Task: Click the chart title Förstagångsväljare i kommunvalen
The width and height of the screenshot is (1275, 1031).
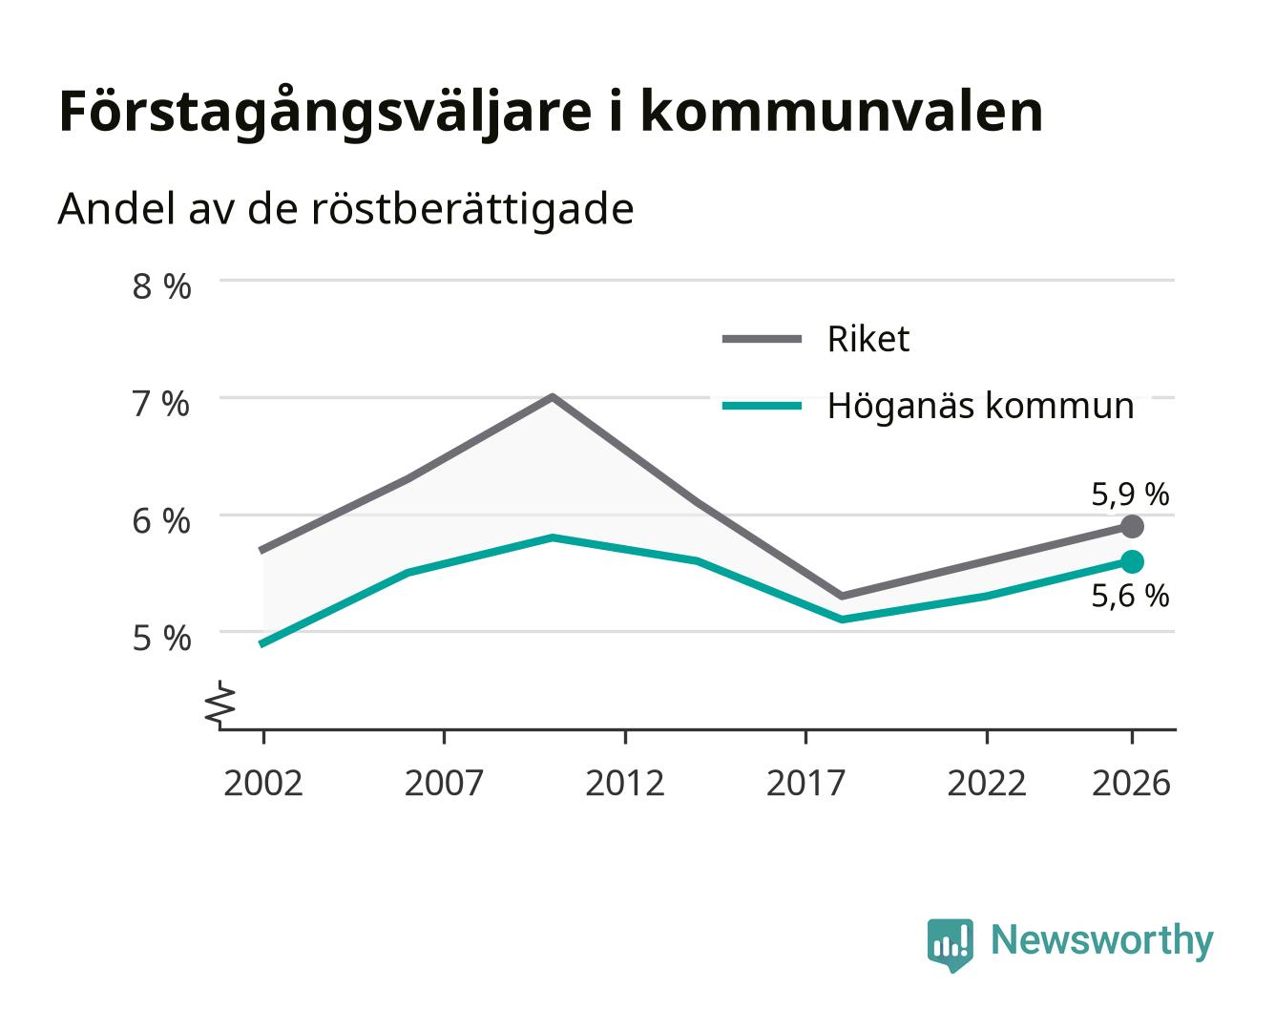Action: (x=551, y=113)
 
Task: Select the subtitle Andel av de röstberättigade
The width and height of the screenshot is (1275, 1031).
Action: (x=345, y=210)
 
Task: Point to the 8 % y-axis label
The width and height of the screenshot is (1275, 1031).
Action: (x=161, y=286)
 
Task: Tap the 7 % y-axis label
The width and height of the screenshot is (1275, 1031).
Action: (x=161, y=404)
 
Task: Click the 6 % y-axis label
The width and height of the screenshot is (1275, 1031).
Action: (x=161, y=521)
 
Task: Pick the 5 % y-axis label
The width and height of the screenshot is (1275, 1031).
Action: (x=161, y=639)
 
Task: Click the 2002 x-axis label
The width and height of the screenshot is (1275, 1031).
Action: (x=262, y=783)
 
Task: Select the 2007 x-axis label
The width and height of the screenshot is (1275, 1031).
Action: (x=444, y=783)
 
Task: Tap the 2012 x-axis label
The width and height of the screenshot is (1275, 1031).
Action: (x=625, y=783)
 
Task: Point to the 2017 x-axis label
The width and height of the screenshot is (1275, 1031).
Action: (x=805, y=783)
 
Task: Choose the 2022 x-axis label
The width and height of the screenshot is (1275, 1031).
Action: (x=987, y=783)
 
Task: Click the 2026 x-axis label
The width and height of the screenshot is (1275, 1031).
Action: (x=1131, y=783)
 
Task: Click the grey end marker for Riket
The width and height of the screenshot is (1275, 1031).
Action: (x=1132, y=527)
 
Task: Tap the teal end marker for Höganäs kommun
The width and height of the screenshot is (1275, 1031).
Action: (x=1132, y=561)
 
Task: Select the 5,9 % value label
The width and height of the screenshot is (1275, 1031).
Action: (x=1130, y=495)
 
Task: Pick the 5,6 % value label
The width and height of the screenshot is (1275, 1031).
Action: (x=1130, y=597)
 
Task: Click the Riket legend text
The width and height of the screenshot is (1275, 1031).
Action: (x=868, y=339)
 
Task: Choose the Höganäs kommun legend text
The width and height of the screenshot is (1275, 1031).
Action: (x=981, y=406)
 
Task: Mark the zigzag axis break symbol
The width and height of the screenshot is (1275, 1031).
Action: (x=220, y=705)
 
